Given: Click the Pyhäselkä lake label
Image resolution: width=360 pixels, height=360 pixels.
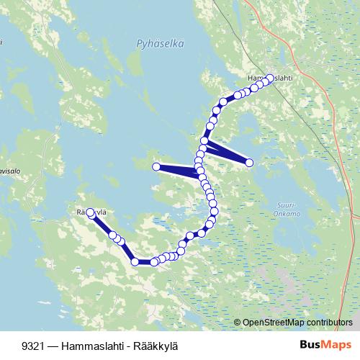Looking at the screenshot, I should coord(160,44).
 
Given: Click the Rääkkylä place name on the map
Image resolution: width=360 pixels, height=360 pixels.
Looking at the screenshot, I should coord(91,212).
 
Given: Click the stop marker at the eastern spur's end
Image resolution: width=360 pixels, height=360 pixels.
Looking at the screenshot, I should coord(250,163).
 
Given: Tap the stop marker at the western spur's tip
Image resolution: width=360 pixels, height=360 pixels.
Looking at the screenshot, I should coord(156,167).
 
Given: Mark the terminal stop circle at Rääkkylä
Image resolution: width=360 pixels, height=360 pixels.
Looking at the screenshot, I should coord(91,213).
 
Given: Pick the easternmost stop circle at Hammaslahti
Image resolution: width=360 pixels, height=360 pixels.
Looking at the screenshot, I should coord(270,78).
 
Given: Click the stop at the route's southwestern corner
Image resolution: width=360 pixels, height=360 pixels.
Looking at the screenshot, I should coord(135,261).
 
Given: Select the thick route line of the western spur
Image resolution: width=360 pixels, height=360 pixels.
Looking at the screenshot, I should coord(176,171).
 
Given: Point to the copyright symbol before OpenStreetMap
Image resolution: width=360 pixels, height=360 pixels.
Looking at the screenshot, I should coord(238,323).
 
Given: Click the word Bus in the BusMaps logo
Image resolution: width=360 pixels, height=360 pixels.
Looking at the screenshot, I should coord(310,345).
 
